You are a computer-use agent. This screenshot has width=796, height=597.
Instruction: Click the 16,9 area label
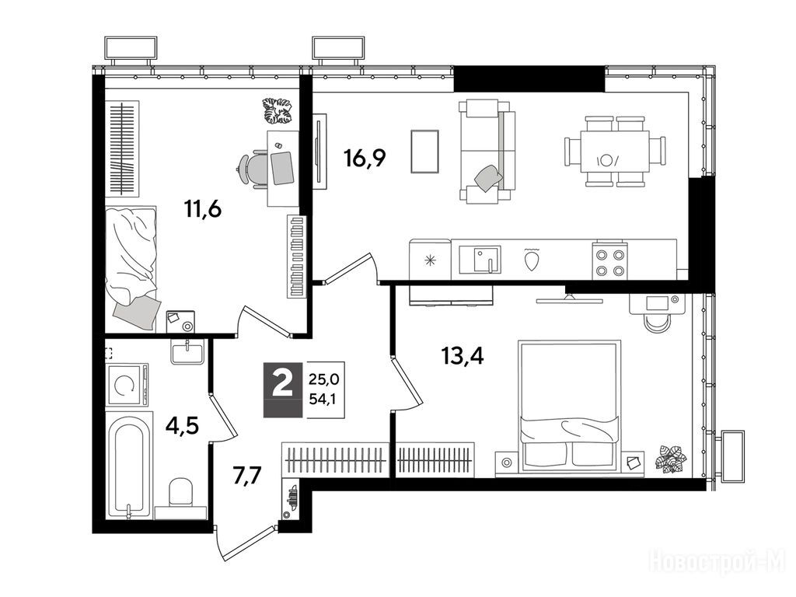click(365, 158)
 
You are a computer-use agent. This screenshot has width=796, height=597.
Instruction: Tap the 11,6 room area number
click(203, 208)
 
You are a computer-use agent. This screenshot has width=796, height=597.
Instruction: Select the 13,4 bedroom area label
click(462, 356)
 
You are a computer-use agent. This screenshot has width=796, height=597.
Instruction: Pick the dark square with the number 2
click(283, 389)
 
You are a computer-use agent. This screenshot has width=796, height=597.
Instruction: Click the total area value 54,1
click(324, 399)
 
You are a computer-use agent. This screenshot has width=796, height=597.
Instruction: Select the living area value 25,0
click(324, 379)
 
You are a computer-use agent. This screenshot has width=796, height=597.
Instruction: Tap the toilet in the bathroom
click(180, 498)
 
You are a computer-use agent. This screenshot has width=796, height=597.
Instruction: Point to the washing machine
click(127, 384)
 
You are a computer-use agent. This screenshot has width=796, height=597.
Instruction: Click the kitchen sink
click(480, 260)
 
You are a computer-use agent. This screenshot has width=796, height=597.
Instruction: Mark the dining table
click(615, 152)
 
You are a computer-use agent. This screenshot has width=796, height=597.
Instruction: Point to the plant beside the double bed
click(670, 459)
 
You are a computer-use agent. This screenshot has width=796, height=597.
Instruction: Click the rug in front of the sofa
click(424, 152)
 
